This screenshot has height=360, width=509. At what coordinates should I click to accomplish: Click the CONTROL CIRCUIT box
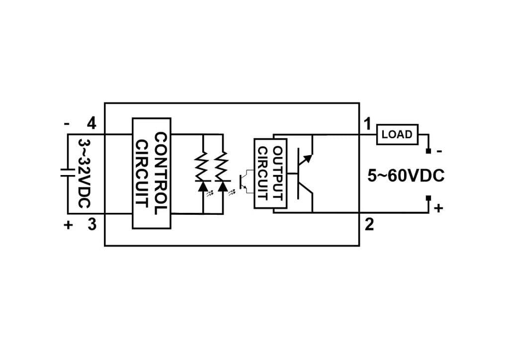(151, 173)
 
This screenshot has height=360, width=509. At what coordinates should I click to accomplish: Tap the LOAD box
(397, 134)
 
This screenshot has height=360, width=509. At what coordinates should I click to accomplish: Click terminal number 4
(91, 122)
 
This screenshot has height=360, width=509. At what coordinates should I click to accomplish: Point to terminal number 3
(91, 225)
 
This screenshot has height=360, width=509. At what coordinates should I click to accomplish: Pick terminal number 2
(369, 225)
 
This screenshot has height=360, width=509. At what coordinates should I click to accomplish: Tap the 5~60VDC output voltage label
(406, 177)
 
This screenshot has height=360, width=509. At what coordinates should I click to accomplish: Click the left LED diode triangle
(203, 186)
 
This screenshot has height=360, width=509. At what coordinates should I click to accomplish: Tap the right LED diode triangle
(222, 186)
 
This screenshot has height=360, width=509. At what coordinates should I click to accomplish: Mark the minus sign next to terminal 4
(67, 123)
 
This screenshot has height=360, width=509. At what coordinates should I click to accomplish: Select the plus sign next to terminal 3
(68, 225)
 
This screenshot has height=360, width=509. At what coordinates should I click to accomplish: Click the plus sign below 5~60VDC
(438, 209)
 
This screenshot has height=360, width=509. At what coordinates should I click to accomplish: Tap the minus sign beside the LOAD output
(438, 151)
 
